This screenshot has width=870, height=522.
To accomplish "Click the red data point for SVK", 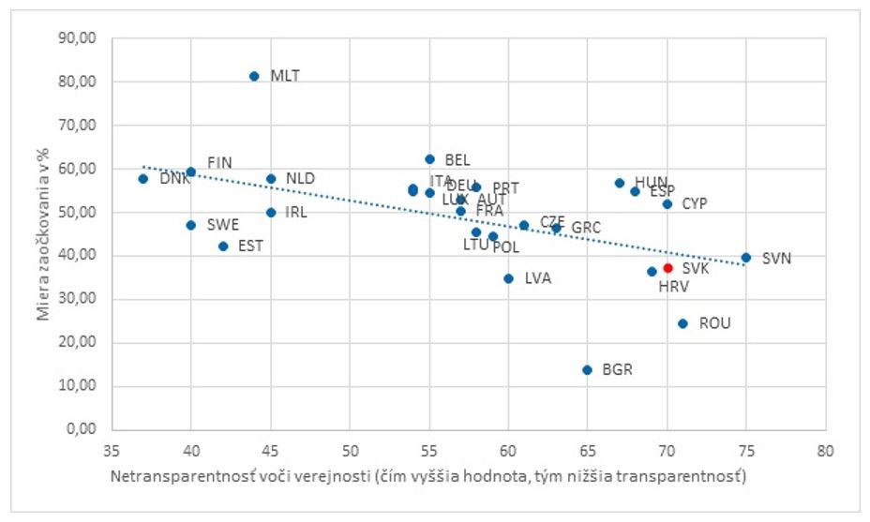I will pyautogui.click(x=667, y=268).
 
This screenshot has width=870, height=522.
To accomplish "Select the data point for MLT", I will pyautogui.click(x=254, y=76).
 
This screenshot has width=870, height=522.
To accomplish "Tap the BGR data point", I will pyautogui.click(x=587, y=369).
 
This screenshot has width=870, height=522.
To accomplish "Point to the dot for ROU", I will pyautogui.click(x=682, y=323).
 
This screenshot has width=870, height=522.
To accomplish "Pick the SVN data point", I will pyautogui.click(x=745, y=257).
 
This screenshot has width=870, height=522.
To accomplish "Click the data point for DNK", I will pyautogui.click(x=143, y=178).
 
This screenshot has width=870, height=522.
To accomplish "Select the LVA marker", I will pyautogui.click(x=508, y=278).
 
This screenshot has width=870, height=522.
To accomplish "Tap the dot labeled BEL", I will pyautogui.click(x=429, y=159).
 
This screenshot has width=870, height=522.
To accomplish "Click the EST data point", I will pyautogui.click(x=222, y=246).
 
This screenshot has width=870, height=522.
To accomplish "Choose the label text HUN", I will pyautogui.click(x=652, y=182).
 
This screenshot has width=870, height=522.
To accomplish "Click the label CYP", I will pyautogui.click(x=695, y=203).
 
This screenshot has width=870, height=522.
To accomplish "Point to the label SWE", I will pyautogui.click(x=222, y=225).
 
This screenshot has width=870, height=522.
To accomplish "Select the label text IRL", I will pyautogui.click(x=296, y=212).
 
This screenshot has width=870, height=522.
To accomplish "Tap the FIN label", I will pyautogui.click(x=219, y=162).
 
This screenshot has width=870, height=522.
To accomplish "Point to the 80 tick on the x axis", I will pyautogui.click(x=825, y=449).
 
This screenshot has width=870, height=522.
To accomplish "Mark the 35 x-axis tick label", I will pyautogui.click(x=112, y=449).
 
